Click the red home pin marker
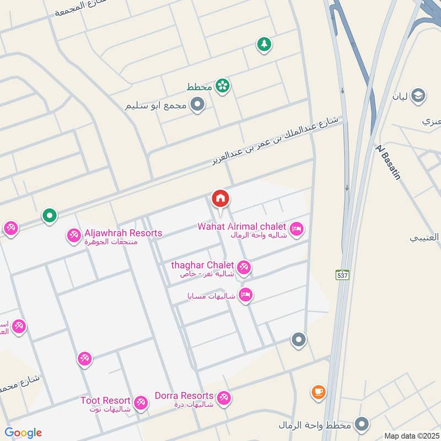(x=220, y=199)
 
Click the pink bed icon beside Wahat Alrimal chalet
(x=297, y=229)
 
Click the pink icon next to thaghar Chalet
(x=244, y=268)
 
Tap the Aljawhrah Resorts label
(x=123, y=233)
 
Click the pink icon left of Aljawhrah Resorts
(x=73, y=236)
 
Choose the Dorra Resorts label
(x=184, y=396)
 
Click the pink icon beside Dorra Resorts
(x=223, y=397)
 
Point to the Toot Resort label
(x=105, y=401)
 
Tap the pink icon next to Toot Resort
(x=141, y=403)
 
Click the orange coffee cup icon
(x=318, y=392)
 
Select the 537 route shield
(x=343, y=274)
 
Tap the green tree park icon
(x=264, y=44)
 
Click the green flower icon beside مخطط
(x=223, y=85)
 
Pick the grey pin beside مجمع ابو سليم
(x=197, y=104)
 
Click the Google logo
(x=23, y=433)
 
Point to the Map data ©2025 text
(x=411, y=435)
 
